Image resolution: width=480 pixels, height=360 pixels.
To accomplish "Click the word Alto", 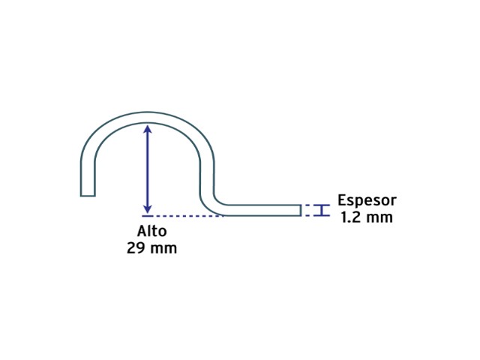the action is pyautogui.click(x=151, y=231).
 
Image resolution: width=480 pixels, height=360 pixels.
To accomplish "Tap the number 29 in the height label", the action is pyautogui.click(x=136, y=248).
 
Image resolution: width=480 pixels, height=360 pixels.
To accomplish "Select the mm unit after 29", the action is pyautogui.click(x=163, y=249).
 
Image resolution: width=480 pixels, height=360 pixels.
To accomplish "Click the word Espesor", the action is pyautogui.click(x=367, y=201).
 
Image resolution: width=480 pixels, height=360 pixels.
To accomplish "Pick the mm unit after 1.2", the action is pyautogui.click(x=380, y=218).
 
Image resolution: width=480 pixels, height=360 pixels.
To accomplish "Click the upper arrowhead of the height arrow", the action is pyautogui.click(x=148, y=128).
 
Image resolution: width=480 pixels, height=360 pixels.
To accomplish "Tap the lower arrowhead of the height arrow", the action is pyautogui.click(x=148, y=209).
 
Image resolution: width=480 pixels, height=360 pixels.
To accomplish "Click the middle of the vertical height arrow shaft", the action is pyautogui.click(x=148, y=169).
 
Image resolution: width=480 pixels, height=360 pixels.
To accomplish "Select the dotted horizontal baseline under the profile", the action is pyautogui.click(x=183, y=216).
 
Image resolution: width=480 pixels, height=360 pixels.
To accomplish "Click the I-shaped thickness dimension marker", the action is pyautogui.click(x=322, y=210).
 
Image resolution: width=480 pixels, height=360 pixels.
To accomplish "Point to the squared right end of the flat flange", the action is pyautogui.click(x=300, y=210).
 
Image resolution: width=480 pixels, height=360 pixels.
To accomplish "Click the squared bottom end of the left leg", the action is pyautogui.click(x=88, y=196).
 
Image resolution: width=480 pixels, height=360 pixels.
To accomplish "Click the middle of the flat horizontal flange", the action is pyautogui.click(x=262, y=210).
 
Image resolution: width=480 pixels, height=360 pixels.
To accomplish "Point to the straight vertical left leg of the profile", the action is pyautogui.click(x=88, y=178).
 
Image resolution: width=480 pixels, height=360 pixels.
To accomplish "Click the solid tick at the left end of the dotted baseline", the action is pyautogui.click(x=148, y=216).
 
